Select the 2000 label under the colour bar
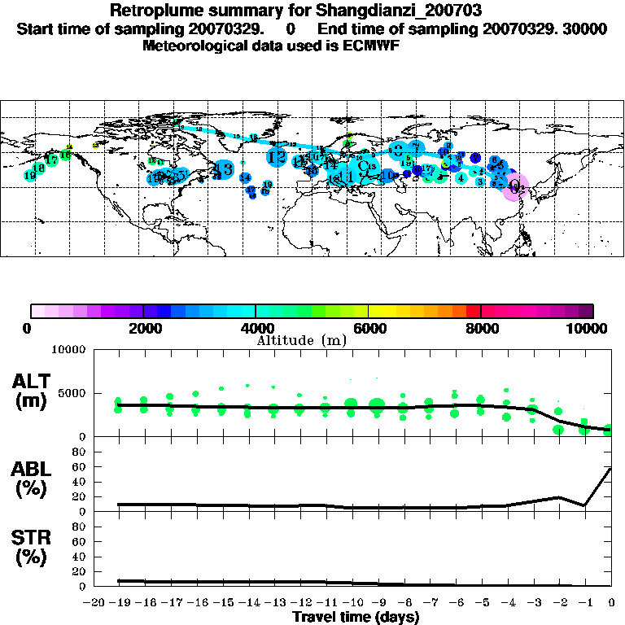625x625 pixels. click(x=143, y=329)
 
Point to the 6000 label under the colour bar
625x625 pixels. click(x=369, y=329)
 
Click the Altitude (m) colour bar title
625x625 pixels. click(x=302, y=340)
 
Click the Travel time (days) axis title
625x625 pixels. click(x=355, y=618)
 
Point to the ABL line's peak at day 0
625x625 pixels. click(x=610, y=469)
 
